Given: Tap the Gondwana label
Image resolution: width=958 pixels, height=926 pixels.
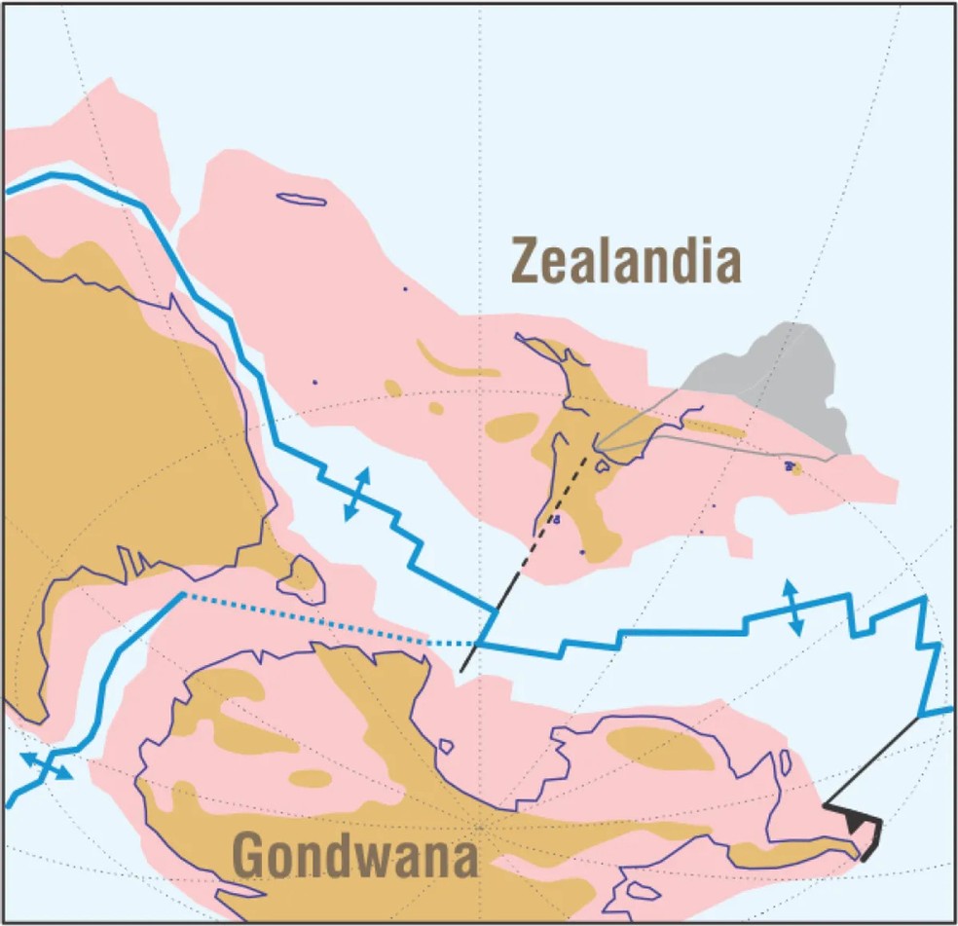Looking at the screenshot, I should [356, 858].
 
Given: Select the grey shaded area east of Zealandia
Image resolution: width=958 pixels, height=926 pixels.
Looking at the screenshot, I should [779, 380].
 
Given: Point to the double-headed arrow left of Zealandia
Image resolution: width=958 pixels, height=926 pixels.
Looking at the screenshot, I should [357, 494].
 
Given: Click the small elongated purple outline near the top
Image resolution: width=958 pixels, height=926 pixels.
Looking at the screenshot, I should [301, 200].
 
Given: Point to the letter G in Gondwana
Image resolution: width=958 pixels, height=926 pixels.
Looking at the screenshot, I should [250, 858].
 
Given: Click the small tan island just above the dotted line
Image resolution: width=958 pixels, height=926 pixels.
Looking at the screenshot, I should [301, 576].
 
